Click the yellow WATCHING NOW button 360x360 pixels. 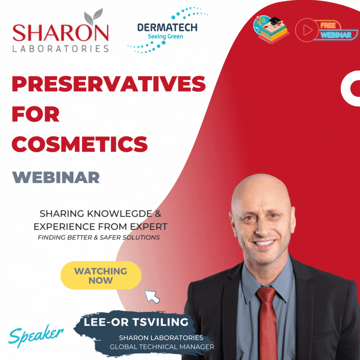point(101,275)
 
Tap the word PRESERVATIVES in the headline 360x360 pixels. point(109,84)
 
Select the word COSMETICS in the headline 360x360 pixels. point(80,144)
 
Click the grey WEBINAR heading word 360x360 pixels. point(56,177)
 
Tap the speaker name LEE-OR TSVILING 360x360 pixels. point(136,322)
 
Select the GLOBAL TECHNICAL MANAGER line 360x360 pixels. point(162,347)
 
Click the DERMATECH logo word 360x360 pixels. point(167,28)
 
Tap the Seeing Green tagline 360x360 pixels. point(165,37)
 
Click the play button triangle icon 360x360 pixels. point(308,30)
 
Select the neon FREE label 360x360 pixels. point(328,25)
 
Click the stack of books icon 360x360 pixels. point(271,29)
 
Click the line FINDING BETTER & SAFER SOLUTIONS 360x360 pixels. point(99,237)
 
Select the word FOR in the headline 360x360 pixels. point(36,114)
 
